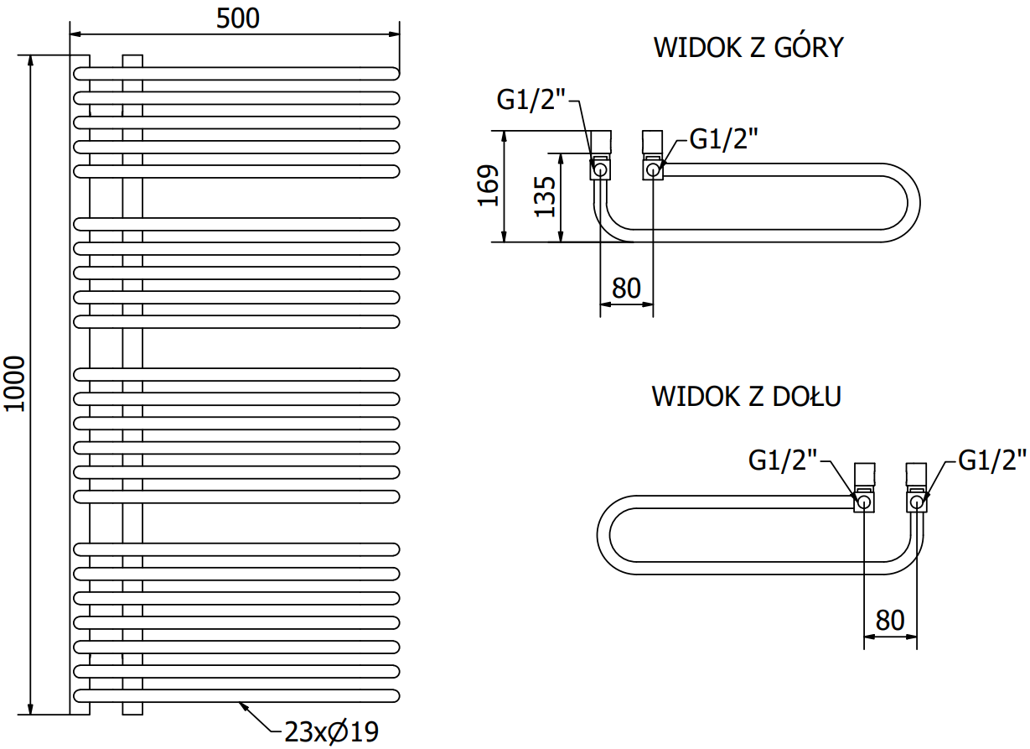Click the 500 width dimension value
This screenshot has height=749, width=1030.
pos(238,18)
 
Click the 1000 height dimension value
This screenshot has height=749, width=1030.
pos(16,383)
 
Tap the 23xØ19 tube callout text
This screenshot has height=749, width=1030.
pos(332,731)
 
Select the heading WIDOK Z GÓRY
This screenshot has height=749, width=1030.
pos(748,48)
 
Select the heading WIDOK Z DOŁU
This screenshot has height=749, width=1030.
pos(746,396)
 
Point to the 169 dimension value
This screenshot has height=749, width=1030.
pos(489,185)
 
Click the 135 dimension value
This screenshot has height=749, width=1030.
pos(546,196)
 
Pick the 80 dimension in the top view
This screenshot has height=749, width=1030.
pos(626,288)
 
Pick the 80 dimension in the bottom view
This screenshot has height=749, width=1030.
pos(890,620)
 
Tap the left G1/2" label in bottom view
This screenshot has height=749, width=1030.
pos(783,460)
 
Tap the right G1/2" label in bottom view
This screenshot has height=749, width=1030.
pos(992,460)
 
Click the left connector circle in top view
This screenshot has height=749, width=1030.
pos(601,170)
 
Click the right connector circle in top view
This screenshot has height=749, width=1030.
pos(653,170)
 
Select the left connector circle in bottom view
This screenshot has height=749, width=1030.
pos(864,502)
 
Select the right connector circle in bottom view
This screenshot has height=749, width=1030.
pos(917,502)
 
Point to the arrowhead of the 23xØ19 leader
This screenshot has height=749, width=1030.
pos(242,705)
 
